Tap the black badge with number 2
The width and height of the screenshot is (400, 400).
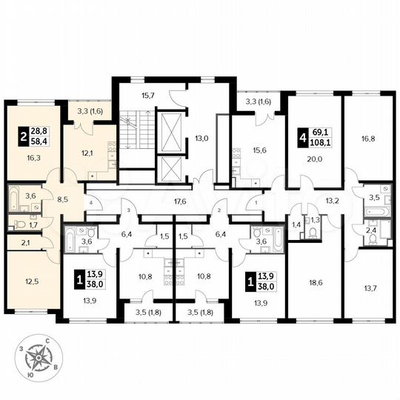(x=24, y=137)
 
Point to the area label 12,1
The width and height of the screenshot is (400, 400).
(x=87, y=153)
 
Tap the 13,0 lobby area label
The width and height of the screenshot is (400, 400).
(x=201, y=137)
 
